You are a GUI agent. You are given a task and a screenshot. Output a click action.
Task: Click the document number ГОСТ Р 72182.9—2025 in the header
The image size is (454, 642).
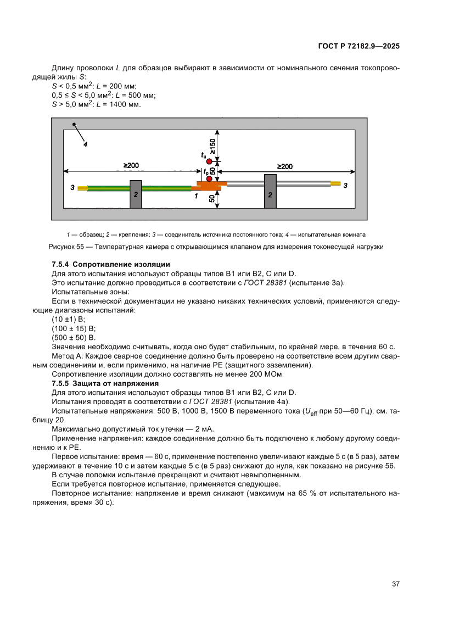(358, 46)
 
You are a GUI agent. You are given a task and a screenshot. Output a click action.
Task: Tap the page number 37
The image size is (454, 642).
(395, 583)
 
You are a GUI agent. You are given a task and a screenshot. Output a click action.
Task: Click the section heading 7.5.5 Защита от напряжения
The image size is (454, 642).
(105, 383)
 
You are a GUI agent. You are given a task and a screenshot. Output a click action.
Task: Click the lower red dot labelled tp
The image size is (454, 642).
(209, 178)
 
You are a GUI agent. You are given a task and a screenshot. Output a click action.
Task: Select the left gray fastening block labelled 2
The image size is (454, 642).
(136, 194)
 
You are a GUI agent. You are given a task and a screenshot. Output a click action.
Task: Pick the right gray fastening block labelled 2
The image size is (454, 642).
(270, 191)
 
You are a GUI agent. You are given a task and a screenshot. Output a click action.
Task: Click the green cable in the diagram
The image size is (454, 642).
(110, 188)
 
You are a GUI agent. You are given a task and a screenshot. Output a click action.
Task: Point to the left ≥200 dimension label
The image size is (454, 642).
(131, 165)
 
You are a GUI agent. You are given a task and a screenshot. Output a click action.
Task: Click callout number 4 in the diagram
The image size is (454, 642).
(85, 144)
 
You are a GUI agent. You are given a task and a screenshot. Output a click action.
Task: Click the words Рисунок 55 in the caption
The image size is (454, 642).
(67, 247)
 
